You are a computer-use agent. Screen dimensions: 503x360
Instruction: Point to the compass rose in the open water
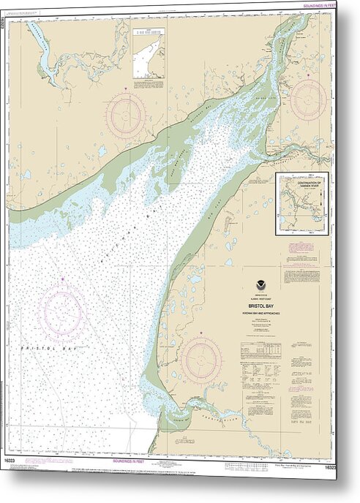tap(62, 311)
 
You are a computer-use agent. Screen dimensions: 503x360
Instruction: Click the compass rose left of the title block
tap(201, 360)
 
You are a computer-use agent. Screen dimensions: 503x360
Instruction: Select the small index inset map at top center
tap(149, 53)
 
